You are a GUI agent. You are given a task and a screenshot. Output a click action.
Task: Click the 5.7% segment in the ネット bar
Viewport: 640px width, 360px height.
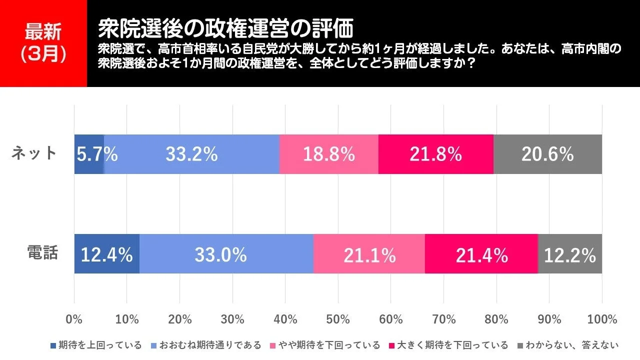tap(89, 154)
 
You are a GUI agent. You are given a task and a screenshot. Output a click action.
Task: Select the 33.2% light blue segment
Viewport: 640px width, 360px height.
tap(191, 154)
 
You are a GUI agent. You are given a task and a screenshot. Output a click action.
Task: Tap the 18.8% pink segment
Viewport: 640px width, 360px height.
tap(328, 154)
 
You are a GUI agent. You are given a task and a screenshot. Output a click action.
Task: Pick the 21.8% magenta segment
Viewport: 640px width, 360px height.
tap(435, 154)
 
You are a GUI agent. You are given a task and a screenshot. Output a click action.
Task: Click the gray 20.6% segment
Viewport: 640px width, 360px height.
tap(547, 154)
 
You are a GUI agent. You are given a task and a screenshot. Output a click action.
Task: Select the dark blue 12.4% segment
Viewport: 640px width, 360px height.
tap(106, 254)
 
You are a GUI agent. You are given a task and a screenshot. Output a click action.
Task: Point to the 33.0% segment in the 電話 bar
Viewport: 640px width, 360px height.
tap(226, 254)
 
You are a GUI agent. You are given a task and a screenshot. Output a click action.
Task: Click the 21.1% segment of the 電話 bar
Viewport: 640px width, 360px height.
tap(369, 254)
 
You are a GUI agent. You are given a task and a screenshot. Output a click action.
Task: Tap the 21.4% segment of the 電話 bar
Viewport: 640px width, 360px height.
tap(481, 254)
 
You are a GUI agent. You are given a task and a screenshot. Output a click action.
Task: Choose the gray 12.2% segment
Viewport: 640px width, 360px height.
tap(569, 254)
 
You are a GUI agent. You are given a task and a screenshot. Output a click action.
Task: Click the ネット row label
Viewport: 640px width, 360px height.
tap(34, 153)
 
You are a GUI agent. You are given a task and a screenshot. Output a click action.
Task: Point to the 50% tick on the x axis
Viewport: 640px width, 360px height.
tap(338, 319)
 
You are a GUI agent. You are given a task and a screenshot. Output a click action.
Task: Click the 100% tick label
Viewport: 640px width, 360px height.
tap(601, 319)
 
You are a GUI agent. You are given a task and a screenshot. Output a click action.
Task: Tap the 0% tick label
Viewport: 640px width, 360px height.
tap(74, 319)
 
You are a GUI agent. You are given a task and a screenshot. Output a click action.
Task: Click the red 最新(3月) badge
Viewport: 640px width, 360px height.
tap(43, 43)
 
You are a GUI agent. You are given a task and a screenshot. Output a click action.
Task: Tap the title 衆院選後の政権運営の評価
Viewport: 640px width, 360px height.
tap(225, 29)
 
